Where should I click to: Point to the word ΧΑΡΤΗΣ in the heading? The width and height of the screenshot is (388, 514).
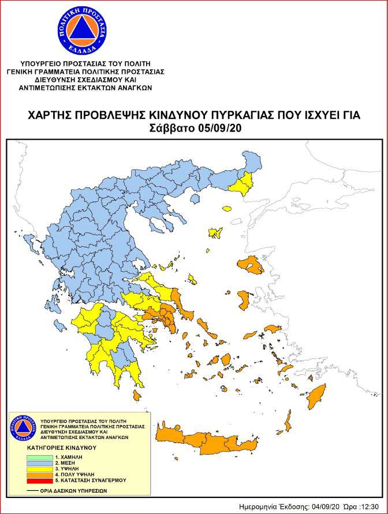pyautogui.click(x=48, y=115)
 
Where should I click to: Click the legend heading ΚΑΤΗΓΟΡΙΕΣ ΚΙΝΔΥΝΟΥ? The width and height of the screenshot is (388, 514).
pyautogui.click(x=59, y=447)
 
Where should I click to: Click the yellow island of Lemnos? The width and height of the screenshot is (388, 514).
pyautogui.click(x=217, y=232)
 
